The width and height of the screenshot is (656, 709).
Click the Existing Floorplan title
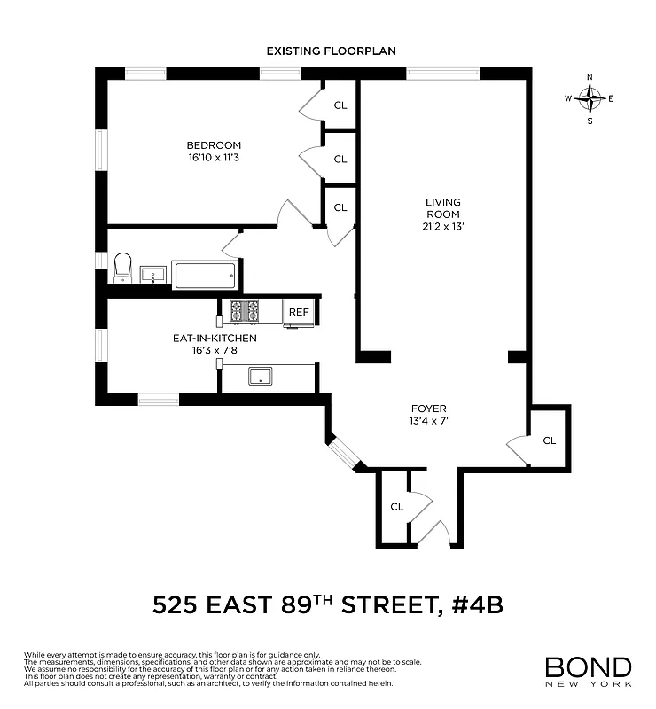pyautogui.click(x=331, y=51)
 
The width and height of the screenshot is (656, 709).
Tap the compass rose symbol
pyautogui.click(x=590, y=98)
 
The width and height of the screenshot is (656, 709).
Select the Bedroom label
pyautogui.click(x=213, y=145)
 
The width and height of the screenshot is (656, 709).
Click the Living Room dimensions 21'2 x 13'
pyautogui.click(x=443, y=226)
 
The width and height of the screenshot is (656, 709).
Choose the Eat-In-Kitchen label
pyautogui.click(x=215, y=339)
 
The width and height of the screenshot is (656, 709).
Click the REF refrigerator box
pyautogui.click(x=299, y=312)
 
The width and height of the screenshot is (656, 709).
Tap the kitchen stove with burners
pyautogui.click(x=245, y=312)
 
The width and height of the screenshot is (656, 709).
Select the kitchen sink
pyautogui.click(x=261, y=377)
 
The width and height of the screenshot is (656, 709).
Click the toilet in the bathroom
pyautogui.click(x=121, y=267)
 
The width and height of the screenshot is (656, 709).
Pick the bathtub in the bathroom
pyautogui.click(x=205, y=276)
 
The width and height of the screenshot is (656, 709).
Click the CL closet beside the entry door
pyautogui.click(x=396, y=507)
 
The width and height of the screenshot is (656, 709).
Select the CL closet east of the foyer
pyautogui.click(x=549, y=440)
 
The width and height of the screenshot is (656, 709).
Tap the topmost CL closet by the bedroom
pyautogui.click(x=340, y=105)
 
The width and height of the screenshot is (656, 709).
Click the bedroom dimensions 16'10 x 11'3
pyautogui.click(x=213, y=159)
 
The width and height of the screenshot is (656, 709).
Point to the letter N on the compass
pyautogui.click(x=590, y=77)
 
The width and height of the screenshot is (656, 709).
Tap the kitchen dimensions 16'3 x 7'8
pyautogui.click(x=215, y=351)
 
